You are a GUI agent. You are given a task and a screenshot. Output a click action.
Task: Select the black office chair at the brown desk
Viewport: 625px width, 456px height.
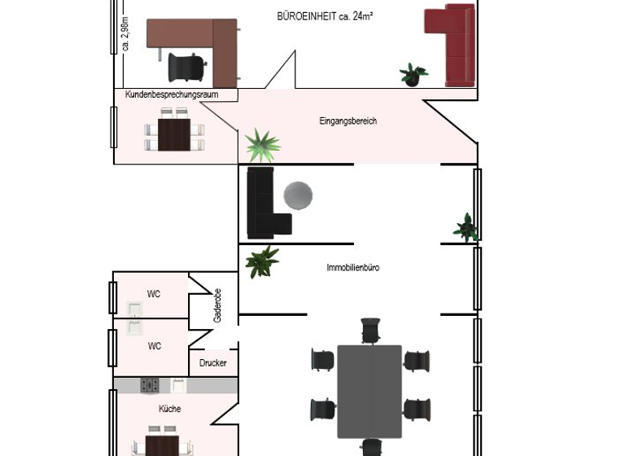(x=187, y=67)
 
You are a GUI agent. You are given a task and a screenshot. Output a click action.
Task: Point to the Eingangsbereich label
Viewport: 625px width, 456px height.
(x=347, y=121)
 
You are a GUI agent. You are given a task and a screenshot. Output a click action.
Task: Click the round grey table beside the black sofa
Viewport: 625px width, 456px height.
(x=298, y=195)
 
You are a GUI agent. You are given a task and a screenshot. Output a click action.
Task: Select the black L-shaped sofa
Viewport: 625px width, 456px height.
(x=264, y=204)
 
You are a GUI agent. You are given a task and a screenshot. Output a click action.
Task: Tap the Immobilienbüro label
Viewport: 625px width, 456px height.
(x=352, y=267)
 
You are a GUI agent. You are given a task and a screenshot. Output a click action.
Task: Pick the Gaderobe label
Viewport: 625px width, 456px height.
(x=217, y=305)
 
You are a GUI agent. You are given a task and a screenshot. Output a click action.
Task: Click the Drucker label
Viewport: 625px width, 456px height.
(x=213, y=363)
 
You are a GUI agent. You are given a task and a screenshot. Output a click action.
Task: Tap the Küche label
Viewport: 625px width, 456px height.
(x=170, y=409)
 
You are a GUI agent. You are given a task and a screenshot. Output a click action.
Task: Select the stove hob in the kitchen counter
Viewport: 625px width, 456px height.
(x=150, y=384)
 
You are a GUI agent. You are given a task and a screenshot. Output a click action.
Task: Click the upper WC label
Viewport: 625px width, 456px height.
(x=154, y=294)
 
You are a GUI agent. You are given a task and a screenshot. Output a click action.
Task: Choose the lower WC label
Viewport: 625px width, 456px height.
(x=154, y=346)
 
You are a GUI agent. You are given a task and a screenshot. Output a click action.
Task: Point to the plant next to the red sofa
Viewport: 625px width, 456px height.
(x=413, y=75)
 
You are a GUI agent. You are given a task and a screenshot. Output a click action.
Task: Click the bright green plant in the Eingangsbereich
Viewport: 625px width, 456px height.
(x=262, y=145)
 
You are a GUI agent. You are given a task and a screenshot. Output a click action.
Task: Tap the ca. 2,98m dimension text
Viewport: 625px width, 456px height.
(x=125, y=33)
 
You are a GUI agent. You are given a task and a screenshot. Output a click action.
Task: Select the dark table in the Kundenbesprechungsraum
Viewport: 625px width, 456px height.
(x=174, y=135)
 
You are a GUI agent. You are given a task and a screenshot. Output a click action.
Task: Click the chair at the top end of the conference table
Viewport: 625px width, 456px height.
(x=370, y=331)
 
